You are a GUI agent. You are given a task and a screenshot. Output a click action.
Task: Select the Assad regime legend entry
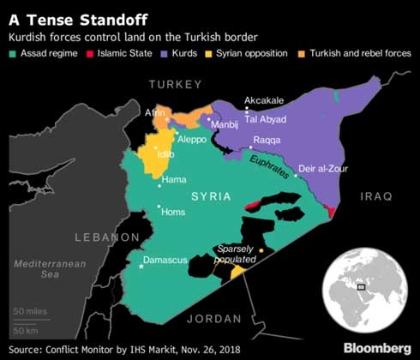[x=43, y=54]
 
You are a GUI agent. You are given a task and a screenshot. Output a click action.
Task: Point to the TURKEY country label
[x=176, y=84]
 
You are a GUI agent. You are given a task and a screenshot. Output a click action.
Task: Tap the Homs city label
[x=173, y=212]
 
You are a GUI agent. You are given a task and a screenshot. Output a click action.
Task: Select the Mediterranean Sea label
[x=53, y=269]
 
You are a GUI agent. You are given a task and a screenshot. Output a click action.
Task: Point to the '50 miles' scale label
[x=31, y=310]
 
